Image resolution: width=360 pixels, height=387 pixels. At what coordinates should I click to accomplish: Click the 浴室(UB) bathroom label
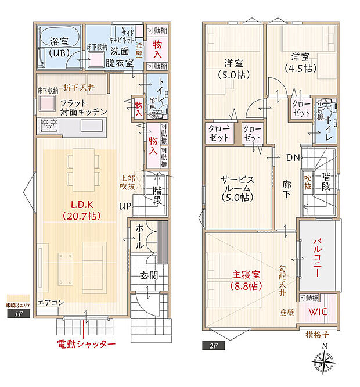58,47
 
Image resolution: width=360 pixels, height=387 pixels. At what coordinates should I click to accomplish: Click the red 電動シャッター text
86,344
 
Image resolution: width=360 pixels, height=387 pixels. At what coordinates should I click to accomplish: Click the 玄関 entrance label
147,276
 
